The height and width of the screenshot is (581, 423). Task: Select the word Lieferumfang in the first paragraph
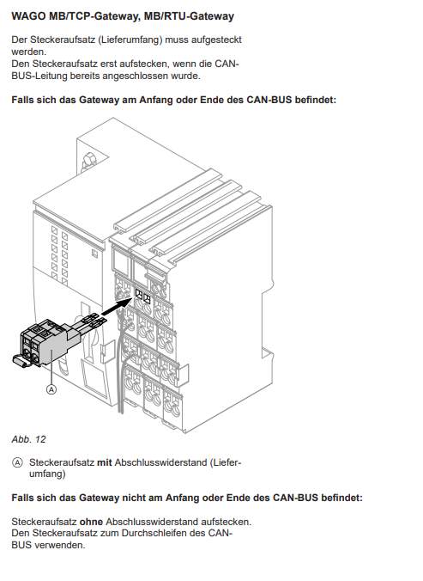[x=130, y=40]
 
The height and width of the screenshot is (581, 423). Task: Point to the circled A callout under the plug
[x=51, y=389]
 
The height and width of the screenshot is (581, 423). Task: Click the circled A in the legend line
[x=17, y=462]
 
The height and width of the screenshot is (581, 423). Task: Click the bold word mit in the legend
[x=105, y=462]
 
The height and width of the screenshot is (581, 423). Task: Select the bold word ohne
[x=91, y=522]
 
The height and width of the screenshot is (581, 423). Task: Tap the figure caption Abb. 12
[x=28, y=439]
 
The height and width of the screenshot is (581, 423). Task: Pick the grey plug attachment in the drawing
[x=50, y=343]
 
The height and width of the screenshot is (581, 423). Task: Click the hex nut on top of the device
[x=88, y=161]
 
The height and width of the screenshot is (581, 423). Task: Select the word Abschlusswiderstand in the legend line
[x=160, y=462]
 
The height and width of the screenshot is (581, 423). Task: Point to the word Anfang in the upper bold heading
[x=155, y=100]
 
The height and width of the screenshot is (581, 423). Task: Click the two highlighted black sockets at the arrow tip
[x=142, y=297]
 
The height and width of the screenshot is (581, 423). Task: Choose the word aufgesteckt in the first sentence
[x=216, y=40]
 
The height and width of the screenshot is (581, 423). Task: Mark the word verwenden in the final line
[x=59, y=545]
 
